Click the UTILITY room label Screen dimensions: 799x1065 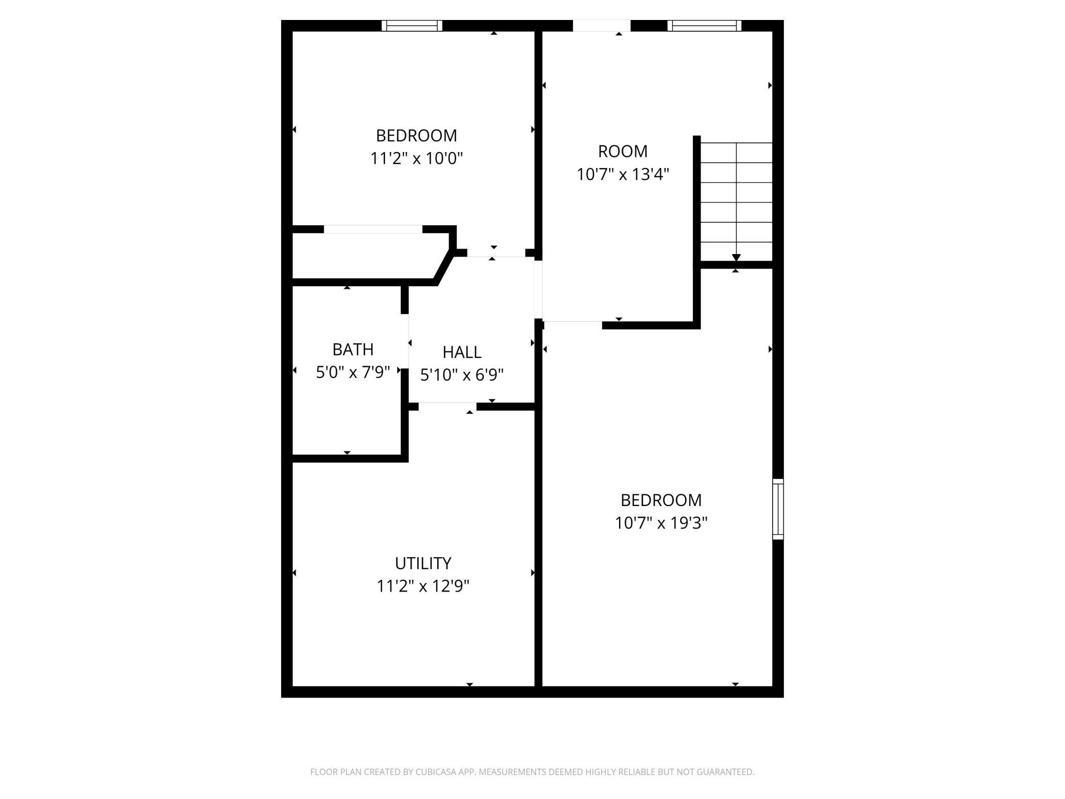coord(423,563)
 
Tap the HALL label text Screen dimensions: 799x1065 coord(462,352)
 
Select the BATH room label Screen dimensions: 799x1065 coord(353,349)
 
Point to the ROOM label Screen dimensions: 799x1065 coord(623,151)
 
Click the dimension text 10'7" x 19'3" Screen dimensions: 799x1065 coord(661,523)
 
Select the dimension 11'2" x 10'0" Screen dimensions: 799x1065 coord(416,158)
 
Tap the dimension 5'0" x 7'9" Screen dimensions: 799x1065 coord(353,372)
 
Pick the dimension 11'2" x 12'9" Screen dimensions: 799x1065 coord(423,585)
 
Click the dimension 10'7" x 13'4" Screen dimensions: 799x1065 coord(623,174)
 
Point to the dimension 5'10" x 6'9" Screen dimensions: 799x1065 coord(462,375)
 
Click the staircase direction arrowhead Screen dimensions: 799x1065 coord(736,258)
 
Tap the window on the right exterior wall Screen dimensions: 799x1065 coord(778,509)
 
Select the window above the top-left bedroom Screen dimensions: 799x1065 coord(412,26)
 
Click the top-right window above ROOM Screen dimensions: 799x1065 coord(705,26)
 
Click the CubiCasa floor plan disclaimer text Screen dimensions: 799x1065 coord(532,772)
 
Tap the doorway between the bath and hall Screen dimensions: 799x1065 coord(404,341)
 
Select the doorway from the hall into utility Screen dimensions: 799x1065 coord(448,407)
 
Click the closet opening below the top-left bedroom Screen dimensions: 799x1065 coord(373,229)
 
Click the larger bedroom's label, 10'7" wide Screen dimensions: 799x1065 coord(661,500)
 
